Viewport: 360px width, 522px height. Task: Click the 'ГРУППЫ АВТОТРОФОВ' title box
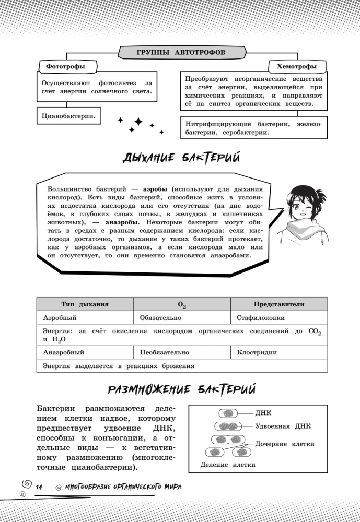(x=180, y=53)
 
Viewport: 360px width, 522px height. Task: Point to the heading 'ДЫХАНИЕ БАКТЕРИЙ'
(x=181, y=157)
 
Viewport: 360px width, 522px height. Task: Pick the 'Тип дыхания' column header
(x=85, y=304)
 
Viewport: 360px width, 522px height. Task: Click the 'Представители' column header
(x=279, y=304)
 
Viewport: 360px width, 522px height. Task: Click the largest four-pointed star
(x=138, y=122)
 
